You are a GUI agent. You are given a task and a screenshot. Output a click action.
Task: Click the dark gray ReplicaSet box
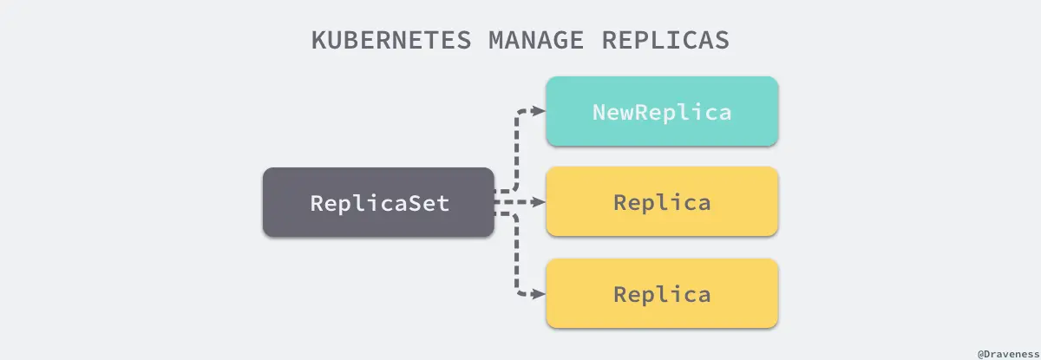click(x=378, y=203)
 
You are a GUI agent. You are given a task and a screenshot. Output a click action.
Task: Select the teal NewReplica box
click(x=662, y=111)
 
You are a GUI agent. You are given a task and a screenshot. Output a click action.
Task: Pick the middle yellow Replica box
click(x=662, y=202)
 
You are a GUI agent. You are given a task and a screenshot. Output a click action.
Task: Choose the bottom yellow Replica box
click(x=662, y=293)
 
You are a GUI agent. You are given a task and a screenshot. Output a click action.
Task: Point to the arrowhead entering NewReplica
click(x=538, y=111)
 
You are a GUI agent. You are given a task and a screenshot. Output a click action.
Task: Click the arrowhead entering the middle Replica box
click(x=538, y=202)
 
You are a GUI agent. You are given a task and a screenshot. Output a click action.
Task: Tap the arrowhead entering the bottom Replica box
click(x=538, y=294)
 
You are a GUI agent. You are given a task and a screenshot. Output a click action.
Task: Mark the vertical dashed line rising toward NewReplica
click(x=518, y=152)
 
